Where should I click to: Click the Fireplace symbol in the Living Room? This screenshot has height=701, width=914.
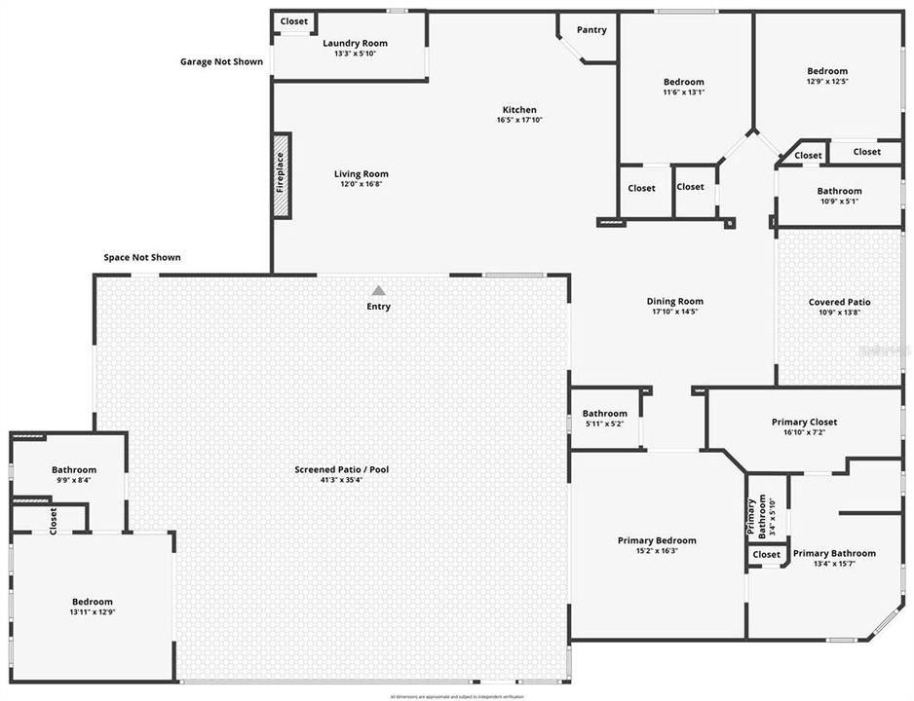tap(282, 175)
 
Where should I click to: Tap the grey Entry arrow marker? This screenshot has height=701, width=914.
tap(378, 290)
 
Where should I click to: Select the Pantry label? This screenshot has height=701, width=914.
tap(591, 30)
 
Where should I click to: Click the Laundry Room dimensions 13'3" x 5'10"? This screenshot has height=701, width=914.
tap(355, 54)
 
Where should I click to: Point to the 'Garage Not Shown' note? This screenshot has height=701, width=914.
tap(221, 61)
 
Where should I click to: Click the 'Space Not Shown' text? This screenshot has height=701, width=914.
tap(142, 258)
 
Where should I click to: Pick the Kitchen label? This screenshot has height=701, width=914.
tap(518, 110)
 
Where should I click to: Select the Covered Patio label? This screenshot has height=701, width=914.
tap(839, 302)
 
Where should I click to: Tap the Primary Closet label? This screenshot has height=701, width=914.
tap(804, 422)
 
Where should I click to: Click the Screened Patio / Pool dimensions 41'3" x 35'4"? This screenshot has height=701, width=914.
tap(342, 480)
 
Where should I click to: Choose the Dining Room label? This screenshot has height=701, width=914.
tap(674, 302)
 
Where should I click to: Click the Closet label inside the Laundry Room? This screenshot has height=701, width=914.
tap(294, 21)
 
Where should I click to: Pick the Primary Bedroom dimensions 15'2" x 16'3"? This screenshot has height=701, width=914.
tap(657, 551)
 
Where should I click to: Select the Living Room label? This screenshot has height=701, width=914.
tap(361, 174)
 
